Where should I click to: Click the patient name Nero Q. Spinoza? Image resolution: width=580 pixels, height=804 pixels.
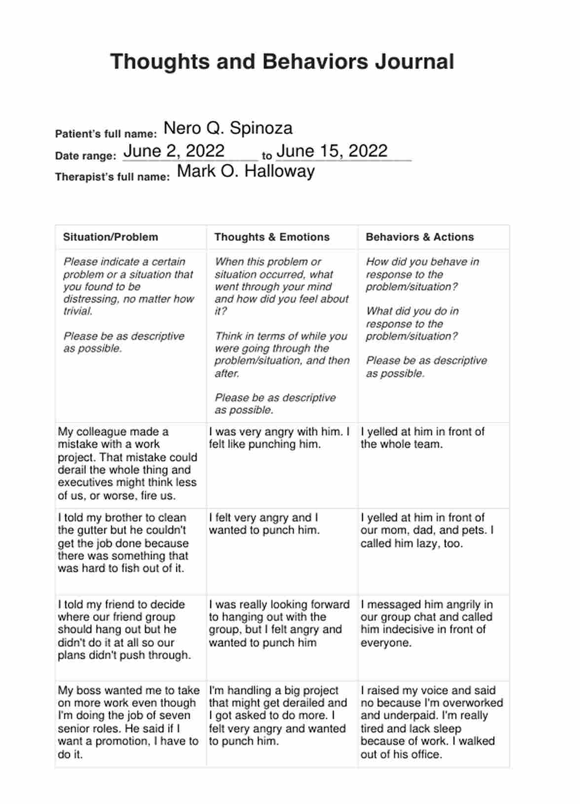[228, 128]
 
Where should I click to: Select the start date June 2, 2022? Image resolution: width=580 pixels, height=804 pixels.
[174, 151]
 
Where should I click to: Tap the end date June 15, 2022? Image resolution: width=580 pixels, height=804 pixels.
[332, 151]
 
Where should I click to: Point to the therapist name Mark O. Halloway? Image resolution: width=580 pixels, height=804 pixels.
[246, 171]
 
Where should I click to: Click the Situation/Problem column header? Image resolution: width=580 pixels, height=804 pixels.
[110, 237]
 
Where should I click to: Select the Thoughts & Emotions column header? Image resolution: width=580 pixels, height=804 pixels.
[272, 237]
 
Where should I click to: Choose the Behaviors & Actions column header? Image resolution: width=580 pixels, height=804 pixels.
[420, 237]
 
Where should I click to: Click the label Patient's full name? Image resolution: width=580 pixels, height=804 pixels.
[106, 134]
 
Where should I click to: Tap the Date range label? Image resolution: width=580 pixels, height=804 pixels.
[85, 156]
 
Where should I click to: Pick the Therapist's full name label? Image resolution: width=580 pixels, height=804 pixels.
[112, 177]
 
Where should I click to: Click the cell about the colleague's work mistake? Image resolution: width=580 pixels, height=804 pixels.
[127, 464]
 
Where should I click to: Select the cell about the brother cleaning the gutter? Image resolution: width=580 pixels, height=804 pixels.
[123, 543]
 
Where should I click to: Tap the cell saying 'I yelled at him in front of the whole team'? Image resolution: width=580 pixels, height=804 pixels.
[422, 438]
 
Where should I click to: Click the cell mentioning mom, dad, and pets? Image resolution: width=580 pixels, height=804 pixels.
[427, 531]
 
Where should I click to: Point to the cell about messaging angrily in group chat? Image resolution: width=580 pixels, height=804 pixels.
[426, 623]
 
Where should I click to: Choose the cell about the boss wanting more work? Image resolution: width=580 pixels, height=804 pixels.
[128, 722]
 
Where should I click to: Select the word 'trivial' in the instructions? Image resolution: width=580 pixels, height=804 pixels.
[78, 311]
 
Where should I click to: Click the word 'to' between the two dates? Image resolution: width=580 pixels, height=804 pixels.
[267, 156]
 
